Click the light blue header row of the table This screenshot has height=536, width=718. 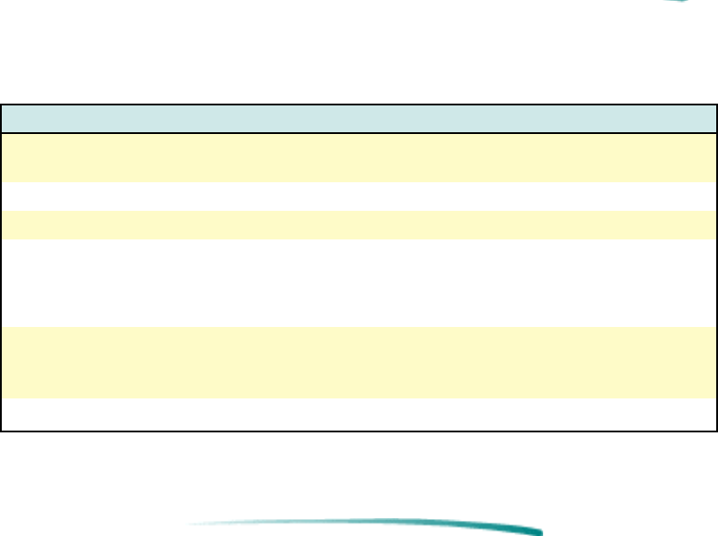(359, 119)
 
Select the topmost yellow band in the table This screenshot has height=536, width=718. (359, 158)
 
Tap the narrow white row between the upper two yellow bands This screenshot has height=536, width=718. (359, 197)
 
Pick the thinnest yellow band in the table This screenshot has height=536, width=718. (359, 224)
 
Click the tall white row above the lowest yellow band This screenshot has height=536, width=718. (359, 283)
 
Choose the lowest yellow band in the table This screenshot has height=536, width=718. (359, 362)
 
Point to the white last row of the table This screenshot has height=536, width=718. (359, 414)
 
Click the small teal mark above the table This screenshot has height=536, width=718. (679, 1)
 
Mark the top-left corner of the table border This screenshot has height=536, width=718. (2, 105)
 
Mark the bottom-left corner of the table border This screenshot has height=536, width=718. (2, 431)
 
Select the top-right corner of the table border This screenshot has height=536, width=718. (716, 105)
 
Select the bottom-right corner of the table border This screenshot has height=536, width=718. (716, 431)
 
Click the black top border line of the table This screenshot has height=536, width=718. (359, 105)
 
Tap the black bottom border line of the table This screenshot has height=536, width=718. (359, 431)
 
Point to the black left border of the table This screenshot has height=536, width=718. (2, 268)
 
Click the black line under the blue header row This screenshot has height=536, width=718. (359, 133)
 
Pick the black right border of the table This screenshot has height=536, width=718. (716, 268)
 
